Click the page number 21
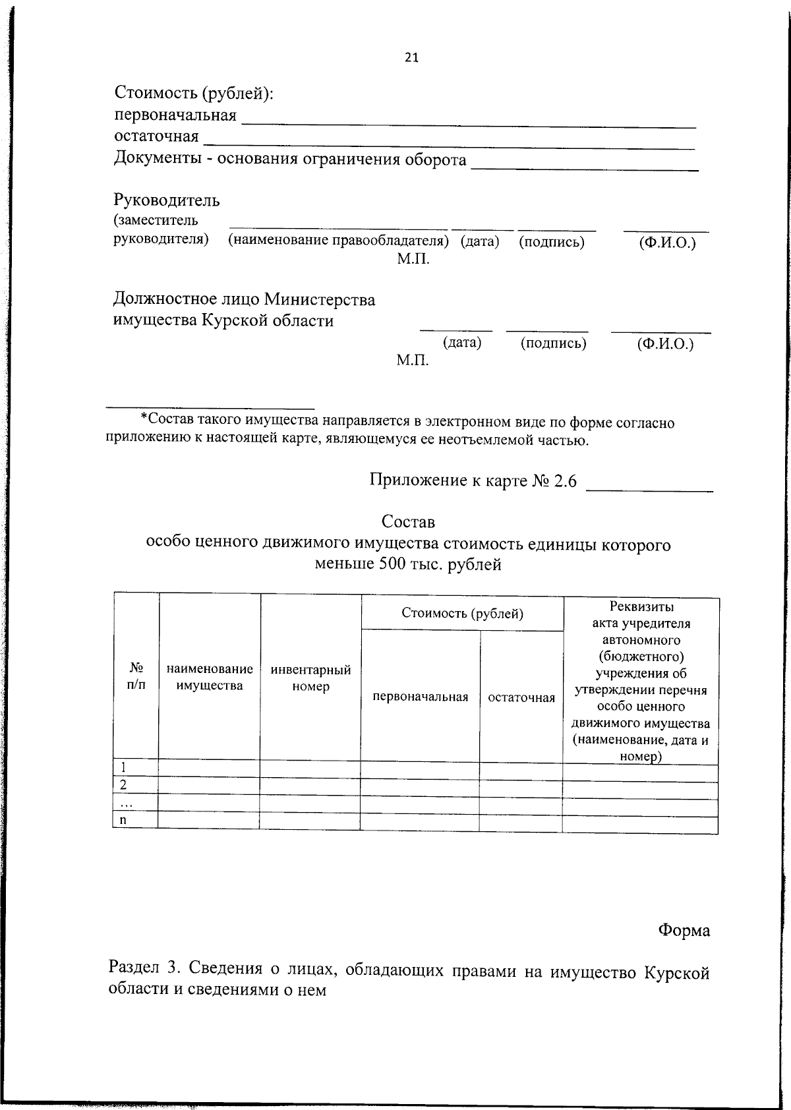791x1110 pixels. click(411, 57)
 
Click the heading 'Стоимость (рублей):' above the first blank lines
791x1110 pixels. click(194, 94)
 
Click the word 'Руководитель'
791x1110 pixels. click(167, 200)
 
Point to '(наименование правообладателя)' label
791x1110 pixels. click(338, 241)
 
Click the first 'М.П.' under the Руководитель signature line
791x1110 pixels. click(413, 259)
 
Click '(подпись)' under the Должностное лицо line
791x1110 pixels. click(553, 343)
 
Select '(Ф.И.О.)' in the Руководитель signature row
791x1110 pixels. click(667, 243)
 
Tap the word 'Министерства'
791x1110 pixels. click(320, 300)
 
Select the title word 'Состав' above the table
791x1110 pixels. click(408, 521)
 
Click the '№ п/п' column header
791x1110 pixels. click(136, 676)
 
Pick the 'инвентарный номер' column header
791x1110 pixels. click(310, 678)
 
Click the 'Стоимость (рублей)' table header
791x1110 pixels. click(462, 613)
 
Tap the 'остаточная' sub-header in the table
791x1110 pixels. click(521, 697)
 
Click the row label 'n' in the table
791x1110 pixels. click(123, 819)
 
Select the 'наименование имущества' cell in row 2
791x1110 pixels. click(209, 784)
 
